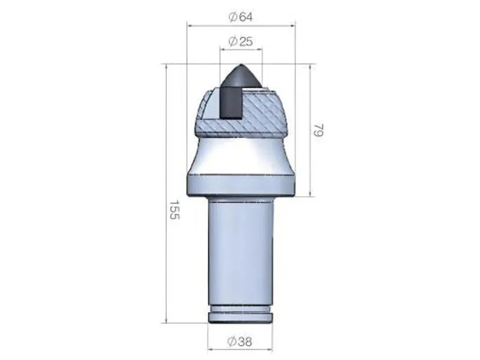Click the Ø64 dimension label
point(241,17)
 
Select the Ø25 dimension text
point(241,41)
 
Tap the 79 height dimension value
point(319,130)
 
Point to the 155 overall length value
point(174,210)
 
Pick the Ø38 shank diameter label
point(240,341)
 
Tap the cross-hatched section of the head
point(264,114)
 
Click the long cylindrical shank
point(241,252)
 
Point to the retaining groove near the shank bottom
point(241,311)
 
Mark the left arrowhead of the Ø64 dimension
point(190,26)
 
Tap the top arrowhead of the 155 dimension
point(166,67)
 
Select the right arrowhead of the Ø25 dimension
point(260,50)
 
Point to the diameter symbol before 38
point(232,341)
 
